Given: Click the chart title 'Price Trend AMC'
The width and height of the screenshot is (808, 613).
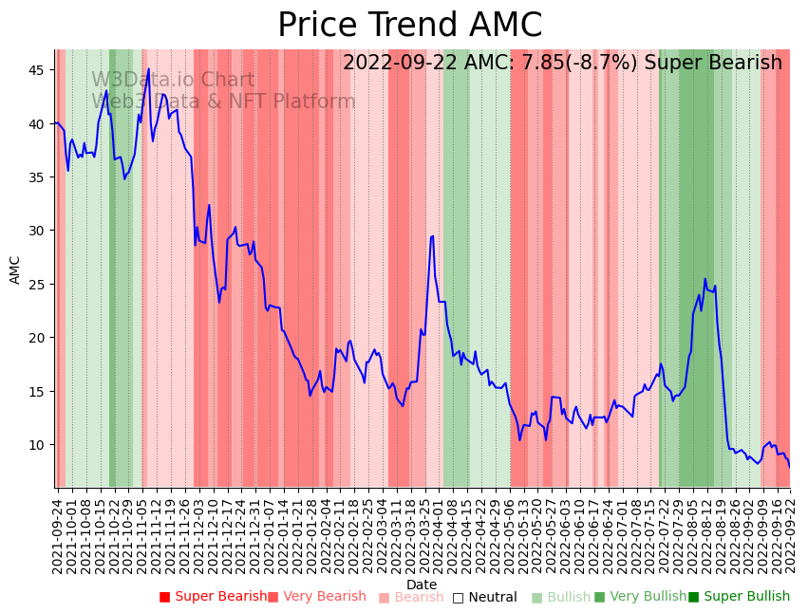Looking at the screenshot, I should pyautogui.click(x=409, y=26).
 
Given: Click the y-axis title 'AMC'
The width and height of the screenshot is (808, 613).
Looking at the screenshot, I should pyautogui.click(x=15, y=269).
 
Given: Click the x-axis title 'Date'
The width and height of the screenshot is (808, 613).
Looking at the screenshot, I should pyautogui.click(x=422, y=585).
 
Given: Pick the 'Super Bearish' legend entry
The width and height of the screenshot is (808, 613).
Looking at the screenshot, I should pyautogui.click(x=214, y=597).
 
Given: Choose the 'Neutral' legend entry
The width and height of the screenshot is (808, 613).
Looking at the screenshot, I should pyautogui.click(x=485, y=597).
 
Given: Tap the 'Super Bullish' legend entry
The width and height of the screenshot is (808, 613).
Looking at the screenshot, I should pyautogui.click(x=739, y=597).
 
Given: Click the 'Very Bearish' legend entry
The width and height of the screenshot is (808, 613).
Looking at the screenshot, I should pyautogui.click(x=316, y=597).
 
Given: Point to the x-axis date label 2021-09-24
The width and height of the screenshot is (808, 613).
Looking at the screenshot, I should pyautogui.click(x=57, y=536).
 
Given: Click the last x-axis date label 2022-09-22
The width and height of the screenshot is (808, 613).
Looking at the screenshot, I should pyautogui.click(x=789, y=536).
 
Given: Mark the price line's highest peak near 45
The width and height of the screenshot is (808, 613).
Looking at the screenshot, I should pyautogui.click(x=148, y=68).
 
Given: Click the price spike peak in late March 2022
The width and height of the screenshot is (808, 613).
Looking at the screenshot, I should pyautogui.click(x=432, y=236).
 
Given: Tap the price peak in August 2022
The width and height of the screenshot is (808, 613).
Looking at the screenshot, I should pyautogui.click(x=705, y=279).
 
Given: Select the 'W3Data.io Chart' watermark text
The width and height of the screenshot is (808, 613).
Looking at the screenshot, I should pyautogui.click(x=173, y=81).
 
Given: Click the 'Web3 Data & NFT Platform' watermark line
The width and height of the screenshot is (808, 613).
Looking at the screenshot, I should pyautogui.click(x=223, y=102).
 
